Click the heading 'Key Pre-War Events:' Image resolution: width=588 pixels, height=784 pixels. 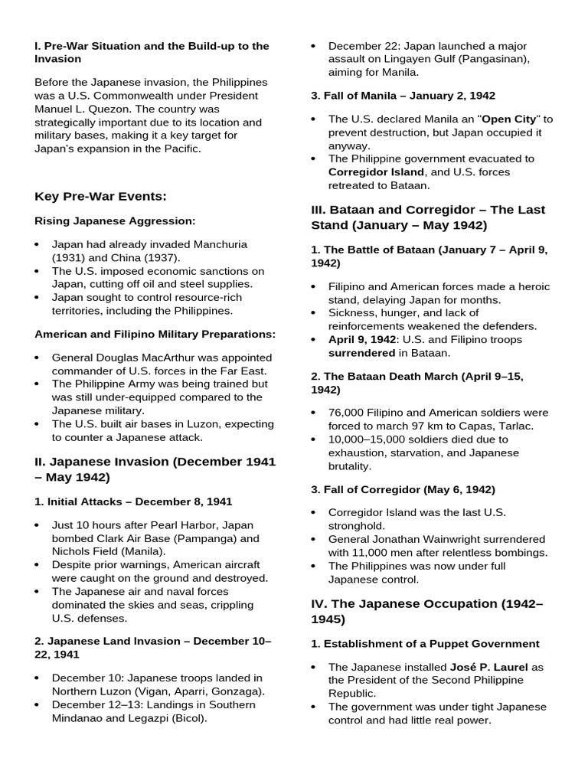pos(100,197)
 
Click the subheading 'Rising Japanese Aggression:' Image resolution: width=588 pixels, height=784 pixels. pos(115,221)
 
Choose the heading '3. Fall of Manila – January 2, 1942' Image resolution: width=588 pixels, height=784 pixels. pos(403,96)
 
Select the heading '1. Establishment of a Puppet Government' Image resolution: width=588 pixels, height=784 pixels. pos(425,644)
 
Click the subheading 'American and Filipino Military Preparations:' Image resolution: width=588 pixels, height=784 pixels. pos(155,335)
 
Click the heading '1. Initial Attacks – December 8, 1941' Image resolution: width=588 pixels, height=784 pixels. pos(133,501)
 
